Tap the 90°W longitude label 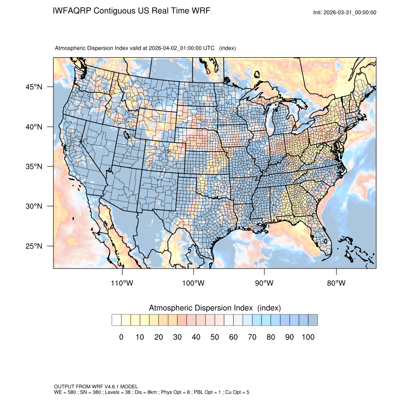click(264, 283)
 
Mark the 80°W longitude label click(336, 283)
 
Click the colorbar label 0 click(121, 337)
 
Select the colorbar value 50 click(214, 337)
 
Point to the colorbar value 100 click(307, 337)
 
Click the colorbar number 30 click(177, 337)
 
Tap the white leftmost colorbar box click(116, 320)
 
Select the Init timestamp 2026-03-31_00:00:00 click(350, 13)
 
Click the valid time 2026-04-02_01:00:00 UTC click(182, 48)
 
